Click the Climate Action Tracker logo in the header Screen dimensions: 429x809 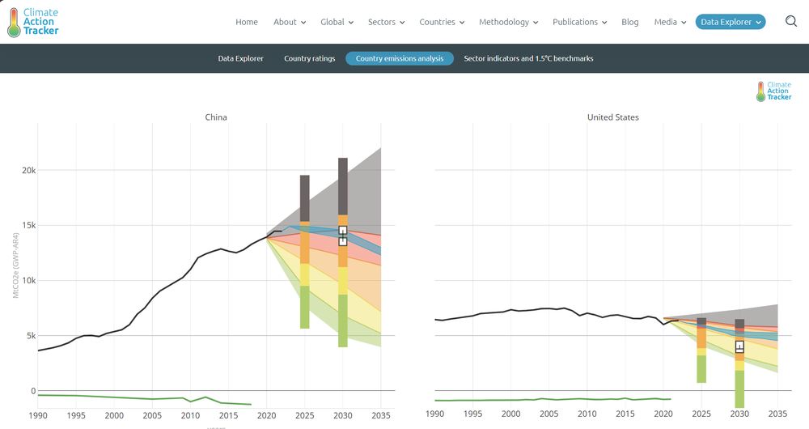pyautogui.click(x=33, y=23)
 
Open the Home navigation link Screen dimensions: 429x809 pyautogui.click(x=247, y=22)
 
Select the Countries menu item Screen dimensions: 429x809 pyautogui.click(x=441, y=22)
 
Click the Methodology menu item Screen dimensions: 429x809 pyautogui.click(x=507, y=22)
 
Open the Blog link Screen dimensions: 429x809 pyautogui.click(x=630, y=22)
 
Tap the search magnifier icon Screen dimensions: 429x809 pyautogui.click(x=791, y=22)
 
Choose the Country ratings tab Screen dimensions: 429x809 pyautogui.click(x=309, y=58)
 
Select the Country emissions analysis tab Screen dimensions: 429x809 pyautogui.click(x=400, y=58)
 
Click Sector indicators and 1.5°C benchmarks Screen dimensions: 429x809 pyautogui.click(x=528, y=58)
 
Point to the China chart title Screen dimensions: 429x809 pyautogui.click(x=216, y=117)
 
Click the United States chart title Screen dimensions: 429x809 pyautogui.click(x=612, y=117)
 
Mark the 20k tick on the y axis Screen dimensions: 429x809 pyautogui.click(x=28, y=171)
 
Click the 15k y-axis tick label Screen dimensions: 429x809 pyautogui.click(x=28, y=226)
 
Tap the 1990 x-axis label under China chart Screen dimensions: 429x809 pyautogui.click(x=38, y=414)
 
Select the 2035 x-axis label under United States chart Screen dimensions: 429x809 pyautogui.click(x=777, y=414)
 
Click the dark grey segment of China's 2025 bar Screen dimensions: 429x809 pyautogui.click(x=305, y=197)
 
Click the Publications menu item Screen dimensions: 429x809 pyautogui.click(x=579, y=22)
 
